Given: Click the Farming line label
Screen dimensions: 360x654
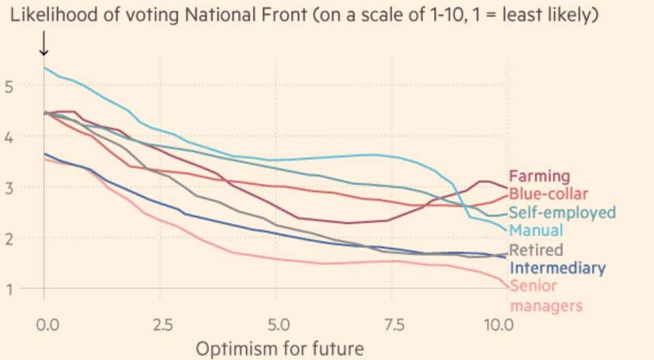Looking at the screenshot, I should (x=539, y=176).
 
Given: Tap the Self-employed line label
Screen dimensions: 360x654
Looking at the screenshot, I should (x=562, y=212).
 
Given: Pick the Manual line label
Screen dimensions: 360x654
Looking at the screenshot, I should (x=536, y=230).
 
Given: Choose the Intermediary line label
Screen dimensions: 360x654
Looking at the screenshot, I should (x=557, y=268).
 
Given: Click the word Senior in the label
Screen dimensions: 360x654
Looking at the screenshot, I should (x=534, y=286).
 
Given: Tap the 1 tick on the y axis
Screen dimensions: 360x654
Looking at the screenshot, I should (x=10, y=289).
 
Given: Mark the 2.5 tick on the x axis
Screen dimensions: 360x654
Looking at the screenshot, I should (x=162, y=323).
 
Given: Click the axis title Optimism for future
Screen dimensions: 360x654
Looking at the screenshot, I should (x=280, y=348).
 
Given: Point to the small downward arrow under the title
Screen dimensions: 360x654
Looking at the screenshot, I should (x=44, y=44).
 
